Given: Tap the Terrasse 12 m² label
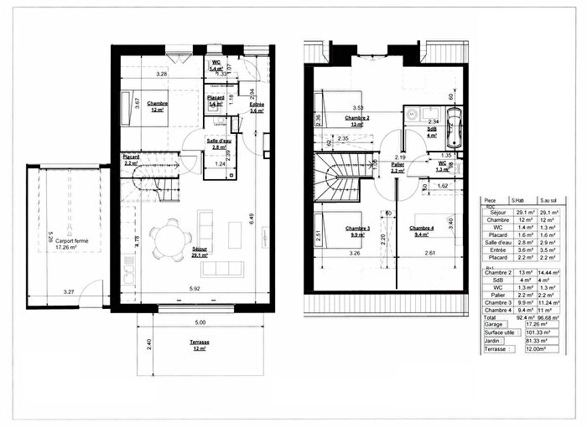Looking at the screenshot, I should (x=200, y=346).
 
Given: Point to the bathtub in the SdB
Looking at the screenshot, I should (x=453, y=131).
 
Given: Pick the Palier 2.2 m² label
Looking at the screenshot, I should (x=396, y=167).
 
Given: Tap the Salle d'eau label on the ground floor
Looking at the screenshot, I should (x=220, y=143).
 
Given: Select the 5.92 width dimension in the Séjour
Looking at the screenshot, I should (x=195, y=290).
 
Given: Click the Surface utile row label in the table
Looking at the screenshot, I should (x=500, y=333).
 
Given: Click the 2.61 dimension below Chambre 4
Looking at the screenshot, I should (x=429, y=252).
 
